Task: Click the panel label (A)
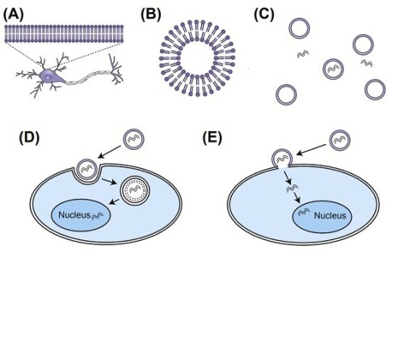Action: (x=13, y=15)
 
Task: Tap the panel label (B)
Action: (x=151, y=15)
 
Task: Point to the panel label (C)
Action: (x=264, y=15)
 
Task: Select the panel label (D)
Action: (x=29, y=138)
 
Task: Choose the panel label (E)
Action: (x=213, y=138)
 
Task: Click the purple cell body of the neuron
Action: (x=51, y=76)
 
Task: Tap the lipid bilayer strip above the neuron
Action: (x=64, y=34)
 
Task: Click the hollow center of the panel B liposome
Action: (x=197, y=58)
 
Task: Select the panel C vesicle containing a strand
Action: (x=333, y=69)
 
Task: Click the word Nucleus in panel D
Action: (x=74, y=215)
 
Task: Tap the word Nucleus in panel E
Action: (x=330, y=215)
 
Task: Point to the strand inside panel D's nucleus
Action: (x=97, y=216)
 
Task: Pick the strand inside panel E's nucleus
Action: (x=304, y=212)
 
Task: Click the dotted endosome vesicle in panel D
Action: (x=135, y=191)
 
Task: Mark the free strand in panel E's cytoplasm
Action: (x=292, y=188)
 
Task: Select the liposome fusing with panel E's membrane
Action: (x=282, y=159)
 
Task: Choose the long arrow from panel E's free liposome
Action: (x=311, y=150)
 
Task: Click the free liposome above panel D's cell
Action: (x=133, y=139)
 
